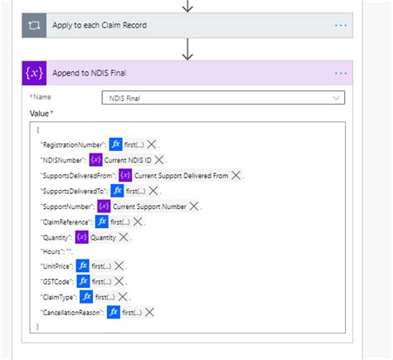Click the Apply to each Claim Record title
[x=99, y=26]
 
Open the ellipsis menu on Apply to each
[x=341, y=26]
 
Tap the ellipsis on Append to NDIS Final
[x=341, y=73]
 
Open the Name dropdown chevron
[x=336, y=98]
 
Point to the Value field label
[x=40, y=113]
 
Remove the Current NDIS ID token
[x=159, y=159]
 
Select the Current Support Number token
[x=150, y=206]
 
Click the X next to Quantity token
[x=124, y=236]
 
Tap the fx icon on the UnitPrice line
[x=82, y=266]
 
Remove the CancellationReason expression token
[x=149, y=312]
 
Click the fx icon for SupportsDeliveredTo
[x=118, y=191]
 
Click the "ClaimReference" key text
[x=65, y=221]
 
